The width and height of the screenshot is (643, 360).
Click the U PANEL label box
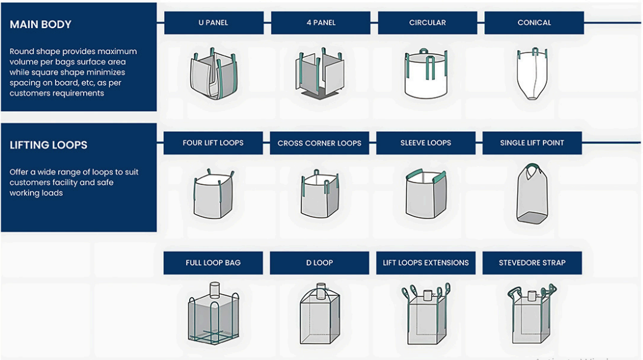(214, 23)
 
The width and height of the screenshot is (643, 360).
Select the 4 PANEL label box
(321, 23)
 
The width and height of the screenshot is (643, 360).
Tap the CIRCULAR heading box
(427, 23)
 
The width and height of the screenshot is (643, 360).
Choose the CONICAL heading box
(534, 23)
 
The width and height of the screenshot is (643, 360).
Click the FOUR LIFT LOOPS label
(213, 143)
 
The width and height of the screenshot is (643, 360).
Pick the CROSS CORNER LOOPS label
(320, 143)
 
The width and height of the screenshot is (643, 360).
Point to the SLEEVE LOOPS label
(426, 143)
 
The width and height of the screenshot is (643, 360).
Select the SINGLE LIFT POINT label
(532, 143)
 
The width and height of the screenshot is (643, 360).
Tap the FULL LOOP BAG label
(213, 263)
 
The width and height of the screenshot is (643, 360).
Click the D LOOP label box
(320, 263)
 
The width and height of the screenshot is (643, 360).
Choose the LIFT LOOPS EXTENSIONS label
(426, 263)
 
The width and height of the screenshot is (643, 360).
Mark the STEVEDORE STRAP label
(532, 263)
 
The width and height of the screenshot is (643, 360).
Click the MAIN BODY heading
(41, 24)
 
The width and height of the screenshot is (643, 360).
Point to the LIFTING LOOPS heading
(48, 145)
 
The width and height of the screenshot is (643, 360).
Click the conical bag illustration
(533, 74)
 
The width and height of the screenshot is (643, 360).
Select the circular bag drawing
(426, 74)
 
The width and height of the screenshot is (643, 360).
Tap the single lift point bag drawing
(532, 193)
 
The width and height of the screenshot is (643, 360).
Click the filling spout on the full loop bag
(215, 289)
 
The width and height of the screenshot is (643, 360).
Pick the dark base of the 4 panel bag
(321, 95)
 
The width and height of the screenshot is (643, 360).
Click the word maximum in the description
(117, 52)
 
